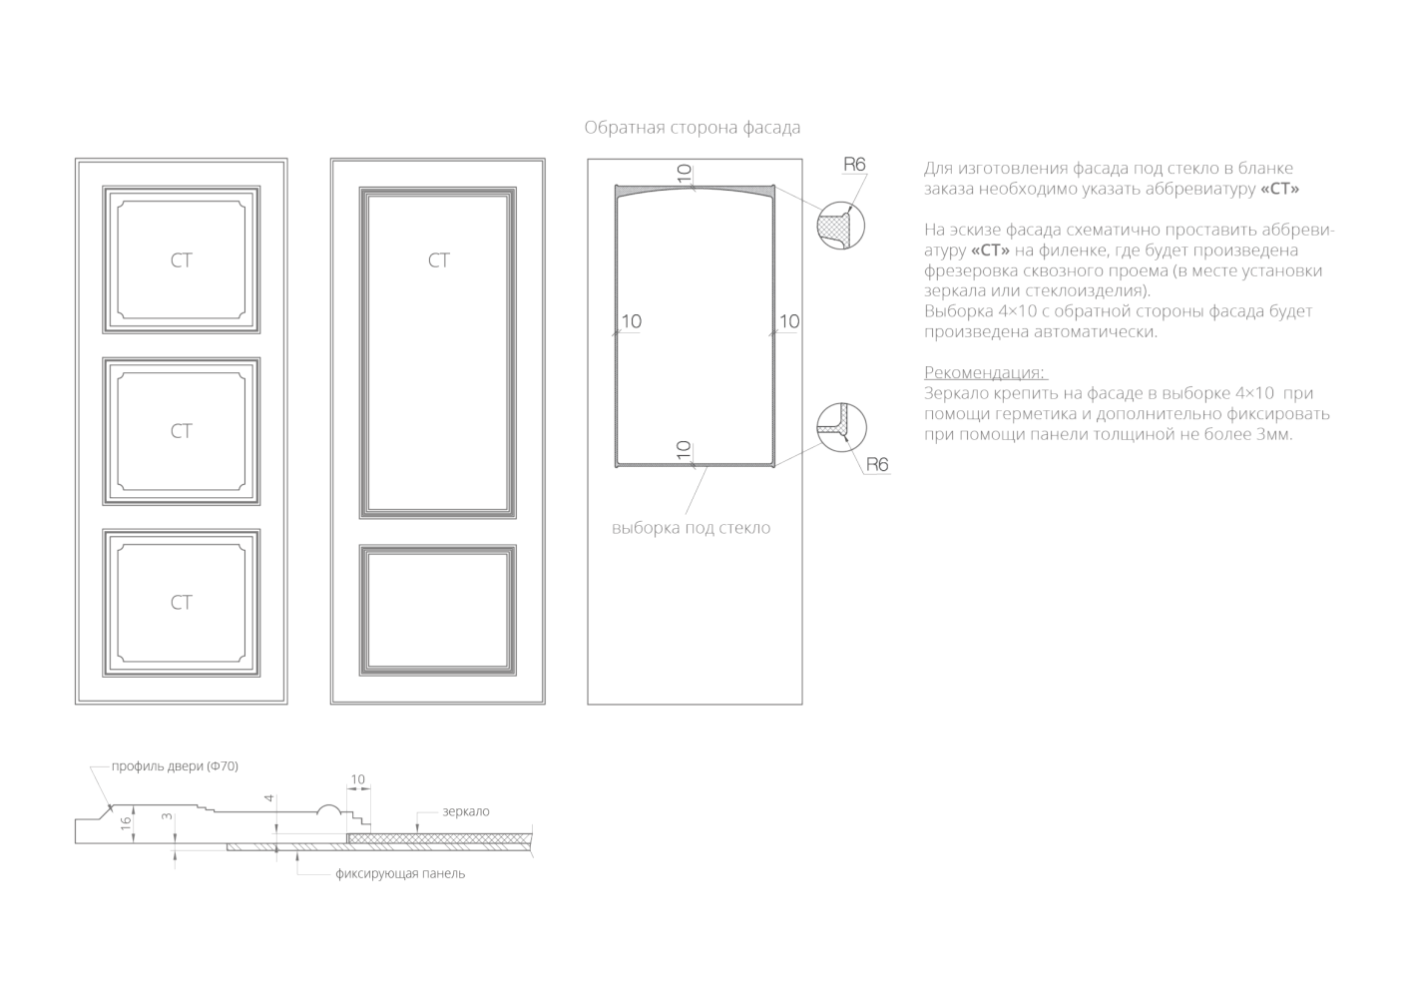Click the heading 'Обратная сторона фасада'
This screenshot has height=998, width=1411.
pos(692,128)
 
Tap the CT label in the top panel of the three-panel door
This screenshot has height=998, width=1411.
pos(181,260)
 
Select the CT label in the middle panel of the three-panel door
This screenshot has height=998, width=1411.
pos(181,431)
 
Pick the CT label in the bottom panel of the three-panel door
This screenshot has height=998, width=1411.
pos(181,603)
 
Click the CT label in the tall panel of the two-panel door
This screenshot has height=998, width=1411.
pos(439,260)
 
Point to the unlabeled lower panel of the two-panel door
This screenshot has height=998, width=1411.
pos(439,606)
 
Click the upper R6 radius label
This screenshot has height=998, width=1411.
pos(854,165)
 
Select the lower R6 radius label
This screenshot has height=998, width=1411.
pos(877,464)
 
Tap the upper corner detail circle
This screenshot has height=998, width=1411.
pos(840,227)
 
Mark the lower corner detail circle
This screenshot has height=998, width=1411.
pos(840,426)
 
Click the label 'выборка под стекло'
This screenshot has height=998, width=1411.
pos(691,528)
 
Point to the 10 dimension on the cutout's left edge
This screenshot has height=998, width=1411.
pos(631,321)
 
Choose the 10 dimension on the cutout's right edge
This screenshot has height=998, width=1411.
pos(788,321)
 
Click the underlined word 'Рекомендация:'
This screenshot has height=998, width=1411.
pos(985,372)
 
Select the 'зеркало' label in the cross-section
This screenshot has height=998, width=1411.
pos(466,812)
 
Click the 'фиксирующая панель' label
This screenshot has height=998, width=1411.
pos(400,874)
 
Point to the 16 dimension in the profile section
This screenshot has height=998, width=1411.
pos(125,823)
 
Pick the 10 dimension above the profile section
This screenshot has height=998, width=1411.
pos(358,779)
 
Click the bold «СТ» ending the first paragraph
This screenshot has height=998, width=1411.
pos(1280,189)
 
